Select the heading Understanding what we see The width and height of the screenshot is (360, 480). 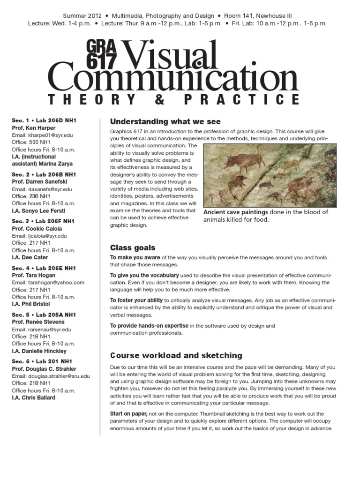pyautogui.click(x=158, y=122)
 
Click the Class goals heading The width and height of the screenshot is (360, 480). pyautogui.click(x=133, y=247)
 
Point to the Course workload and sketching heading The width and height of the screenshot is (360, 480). pyautogui.click(x=176, y=355)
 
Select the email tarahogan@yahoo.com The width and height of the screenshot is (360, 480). pyautogui.click(x=48, y=283)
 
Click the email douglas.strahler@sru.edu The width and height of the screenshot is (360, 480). pyautogui.click(x=51, y=376)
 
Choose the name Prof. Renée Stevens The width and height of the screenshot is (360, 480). pyautogui.click(x=38, y=322)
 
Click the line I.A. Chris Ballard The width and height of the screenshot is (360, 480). pyautogui.click(x=33, y=397)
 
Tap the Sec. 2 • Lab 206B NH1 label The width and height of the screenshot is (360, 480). pyautogui.click(x=44, y=174)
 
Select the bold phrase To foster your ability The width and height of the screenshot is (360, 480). pyautogui.click(x=136, y=300)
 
